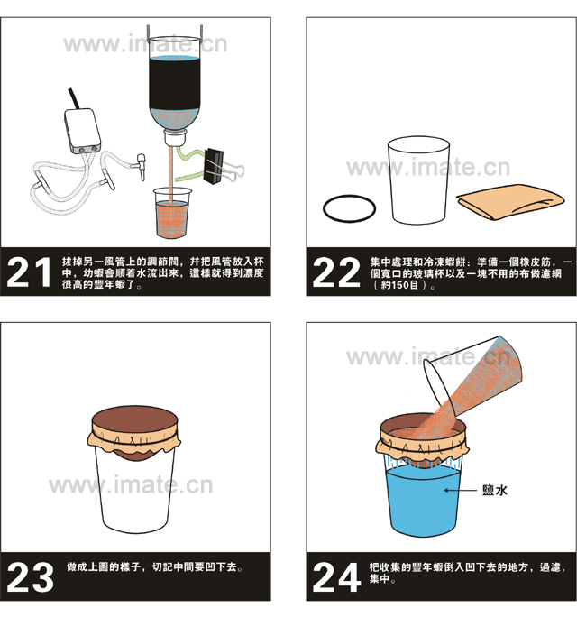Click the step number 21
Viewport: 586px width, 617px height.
29,272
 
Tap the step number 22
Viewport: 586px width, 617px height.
336,272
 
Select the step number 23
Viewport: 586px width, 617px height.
31,577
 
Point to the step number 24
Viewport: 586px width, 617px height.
336,577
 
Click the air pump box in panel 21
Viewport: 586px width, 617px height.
83,131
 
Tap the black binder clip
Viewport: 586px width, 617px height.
214,166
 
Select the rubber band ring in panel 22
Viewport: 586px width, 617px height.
349,208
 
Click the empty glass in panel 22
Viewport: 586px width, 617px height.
418,180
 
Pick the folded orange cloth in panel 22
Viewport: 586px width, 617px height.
510,201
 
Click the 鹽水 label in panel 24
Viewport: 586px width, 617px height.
495,490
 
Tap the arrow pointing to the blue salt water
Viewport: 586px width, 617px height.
460,491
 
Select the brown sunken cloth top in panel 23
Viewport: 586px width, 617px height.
134,422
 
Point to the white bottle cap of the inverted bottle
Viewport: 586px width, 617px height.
174,138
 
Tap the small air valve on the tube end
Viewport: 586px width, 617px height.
141,166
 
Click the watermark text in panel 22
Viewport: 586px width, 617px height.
428,167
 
